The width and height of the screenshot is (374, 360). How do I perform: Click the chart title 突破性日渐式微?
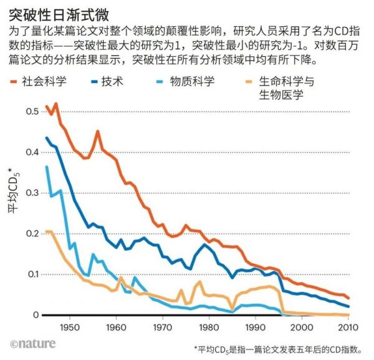click(50, 14)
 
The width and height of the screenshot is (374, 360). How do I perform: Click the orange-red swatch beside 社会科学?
click(17, 81)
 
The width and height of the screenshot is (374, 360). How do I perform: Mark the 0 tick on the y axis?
click(35, 315)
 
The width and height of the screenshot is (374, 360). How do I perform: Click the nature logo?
click(33, 343)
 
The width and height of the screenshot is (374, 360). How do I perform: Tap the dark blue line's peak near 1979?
click(204, 243)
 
